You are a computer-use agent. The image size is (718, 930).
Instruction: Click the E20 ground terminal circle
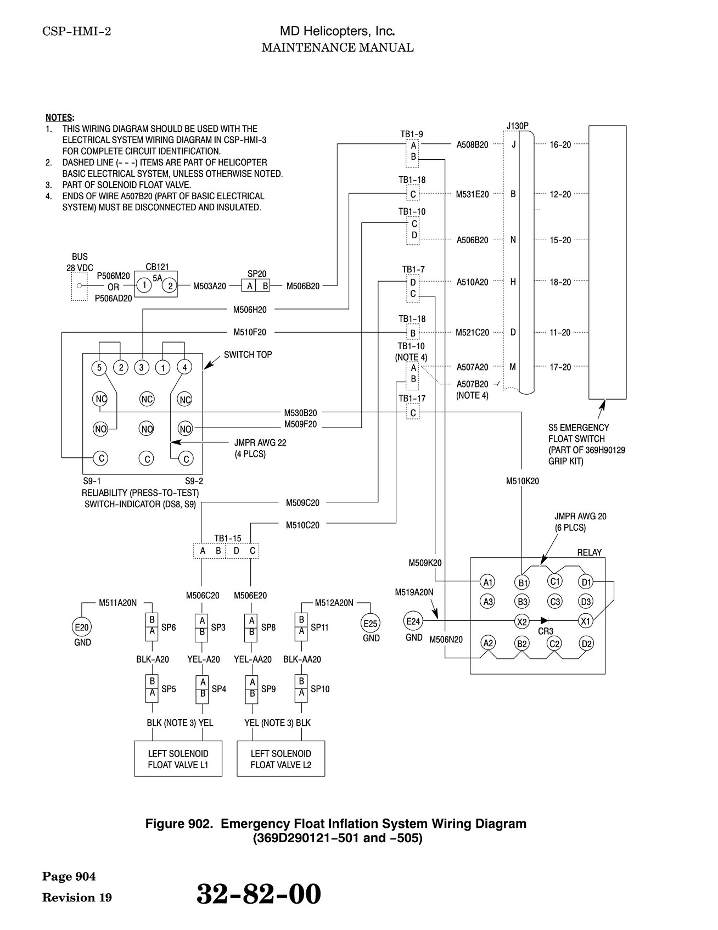82,627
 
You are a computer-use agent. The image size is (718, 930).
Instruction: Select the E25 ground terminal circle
371,623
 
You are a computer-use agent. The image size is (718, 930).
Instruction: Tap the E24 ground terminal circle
413,621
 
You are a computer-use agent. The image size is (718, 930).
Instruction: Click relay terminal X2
521,621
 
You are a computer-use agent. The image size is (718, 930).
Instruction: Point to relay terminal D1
586,582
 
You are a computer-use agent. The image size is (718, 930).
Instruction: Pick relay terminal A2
488,643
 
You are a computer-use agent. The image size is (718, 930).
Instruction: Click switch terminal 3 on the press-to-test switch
142,367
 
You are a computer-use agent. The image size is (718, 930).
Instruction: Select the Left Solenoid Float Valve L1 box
178,759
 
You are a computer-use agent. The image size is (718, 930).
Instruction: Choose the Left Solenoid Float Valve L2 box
281,759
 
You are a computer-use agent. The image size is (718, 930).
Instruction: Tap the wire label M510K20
523,481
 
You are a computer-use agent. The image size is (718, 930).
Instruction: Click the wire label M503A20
209,285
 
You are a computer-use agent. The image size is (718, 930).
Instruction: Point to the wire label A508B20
472,145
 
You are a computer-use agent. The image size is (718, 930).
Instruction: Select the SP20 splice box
257,285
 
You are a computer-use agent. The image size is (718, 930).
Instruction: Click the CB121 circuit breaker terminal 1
144,285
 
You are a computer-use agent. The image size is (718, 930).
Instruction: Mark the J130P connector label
517,126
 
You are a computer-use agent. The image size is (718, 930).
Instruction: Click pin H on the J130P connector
513,282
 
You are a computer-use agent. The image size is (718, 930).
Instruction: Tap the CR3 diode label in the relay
545,631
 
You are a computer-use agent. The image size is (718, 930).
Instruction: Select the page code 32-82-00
259,894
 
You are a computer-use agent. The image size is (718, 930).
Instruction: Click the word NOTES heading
60,117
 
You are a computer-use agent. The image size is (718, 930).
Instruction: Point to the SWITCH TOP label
248,355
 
